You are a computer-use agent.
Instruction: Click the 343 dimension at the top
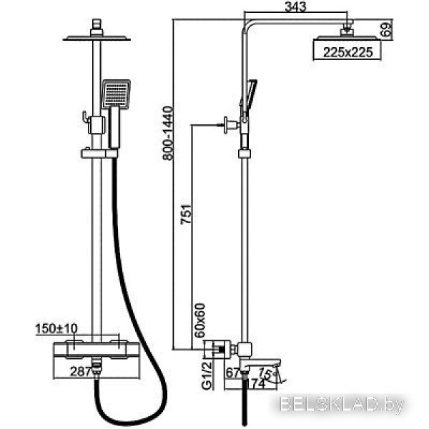point(295,7)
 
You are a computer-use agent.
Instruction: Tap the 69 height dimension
point(386,30)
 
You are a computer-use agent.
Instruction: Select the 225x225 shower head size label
point(347,52)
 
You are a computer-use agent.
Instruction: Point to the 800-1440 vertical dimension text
point(168,133)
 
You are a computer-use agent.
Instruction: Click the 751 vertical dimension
point(186,214)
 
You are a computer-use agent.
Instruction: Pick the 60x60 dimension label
point(199,320)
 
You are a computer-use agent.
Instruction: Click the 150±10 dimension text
point(56,329)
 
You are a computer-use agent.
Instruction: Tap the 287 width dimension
point(80,371)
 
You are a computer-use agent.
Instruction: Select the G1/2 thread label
point(207,375)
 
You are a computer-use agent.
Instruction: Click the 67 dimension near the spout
point(233,373)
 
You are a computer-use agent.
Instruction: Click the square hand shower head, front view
point(116,94)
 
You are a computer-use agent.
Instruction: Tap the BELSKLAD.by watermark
point(342,405)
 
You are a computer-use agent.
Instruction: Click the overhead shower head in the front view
point(97,39)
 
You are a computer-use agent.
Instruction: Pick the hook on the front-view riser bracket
point(85,117)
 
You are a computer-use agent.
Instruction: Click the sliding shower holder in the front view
point(99,154)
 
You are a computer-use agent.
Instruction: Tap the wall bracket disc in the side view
point(226,125)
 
